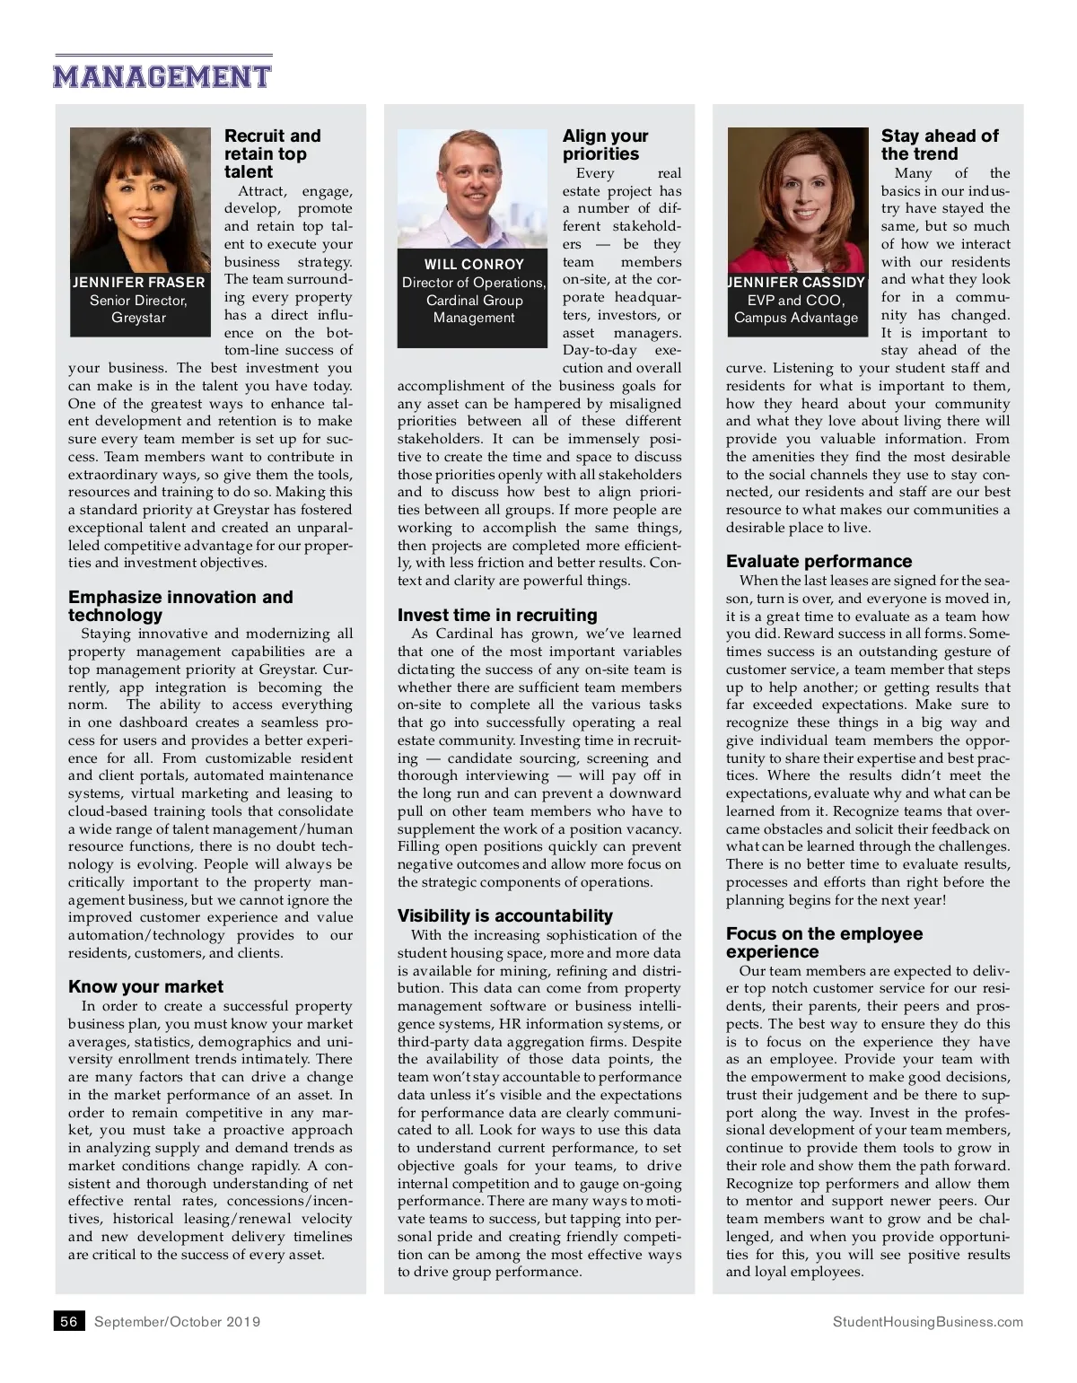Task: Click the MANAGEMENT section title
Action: [x=162, y=76]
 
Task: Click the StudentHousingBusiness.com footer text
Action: [x=927, y=1321]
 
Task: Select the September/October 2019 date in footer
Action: [x=178, y=1321]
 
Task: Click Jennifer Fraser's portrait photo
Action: [x=139, y=197]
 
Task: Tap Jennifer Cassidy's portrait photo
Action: [x=796, y=197]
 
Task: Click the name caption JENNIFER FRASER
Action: [x=139, y=283]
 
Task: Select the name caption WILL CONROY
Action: [x=474, y=265]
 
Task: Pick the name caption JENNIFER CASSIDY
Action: [x=796, y=283]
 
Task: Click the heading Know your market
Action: [x=145, y=986]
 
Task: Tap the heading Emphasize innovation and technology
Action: [x=179, y=606]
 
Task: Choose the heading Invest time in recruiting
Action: [x=497, y=615]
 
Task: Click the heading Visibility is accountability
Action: [x=505, y=915]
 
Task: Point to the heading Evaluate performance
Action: [x=819, y=561]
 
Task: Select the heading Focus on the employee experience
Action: [x=824, y=942]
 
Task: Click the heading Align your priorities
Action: [x=605, y=144]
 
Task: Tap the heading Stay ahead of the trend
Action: [x=939, y=144]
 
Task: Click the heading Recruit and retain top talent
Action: [x=272, y=153]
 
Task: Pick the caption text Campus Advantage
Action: [x=796, y=318]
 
